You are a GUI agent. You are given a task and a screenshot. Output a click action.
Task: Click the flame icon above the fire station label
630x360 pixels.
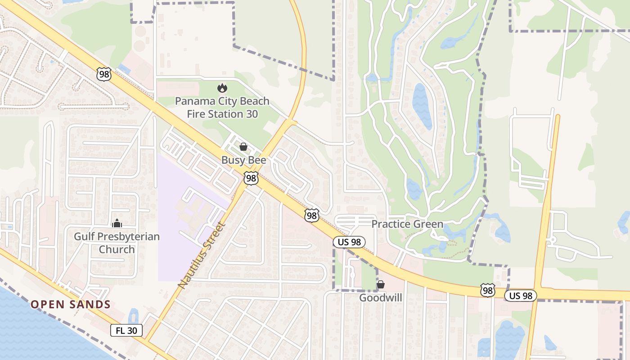click(x=222, y=88)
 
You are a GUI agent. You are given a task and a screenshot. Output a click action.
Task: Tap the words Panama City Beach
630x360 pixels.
click(x=222, y=101)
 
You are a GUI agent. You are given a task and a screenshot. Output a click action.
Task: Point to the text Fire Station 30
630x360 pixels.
click(x=222, y=114)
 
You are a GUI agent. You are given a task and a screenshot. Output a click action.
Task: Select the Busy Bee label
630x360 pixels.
click(x=243, y=160)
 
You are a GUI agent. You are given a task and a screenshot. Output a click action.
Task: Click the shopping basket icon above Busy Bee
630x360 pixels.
click(x=243, y=147)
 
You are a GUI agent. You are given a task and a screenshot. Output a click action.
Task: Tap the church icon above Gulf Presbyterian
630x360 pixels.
click(x=117, y=223)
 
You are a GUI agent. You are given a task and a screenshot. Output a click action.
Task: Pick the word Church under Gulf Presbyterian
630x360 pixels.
click(x=117, y=249)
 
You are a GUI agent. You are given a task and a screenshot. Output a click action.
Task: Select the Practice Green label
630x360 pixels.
click(x=407, y=224)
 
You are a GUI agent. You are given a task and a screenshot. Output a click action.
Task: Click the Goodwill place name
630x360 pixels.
click(x=380, y=298)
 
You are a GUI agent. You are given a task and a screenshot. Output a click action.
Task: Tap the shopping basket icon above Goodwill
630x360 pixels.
click(x=381, y=284)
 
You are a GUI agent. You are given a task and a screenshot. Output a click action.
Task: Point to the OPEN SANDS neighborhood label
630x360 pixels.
click(x=71, y=305)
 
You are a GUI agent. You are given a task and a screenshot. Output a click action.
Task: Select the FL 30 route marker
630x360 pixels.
click(x=126, y=331)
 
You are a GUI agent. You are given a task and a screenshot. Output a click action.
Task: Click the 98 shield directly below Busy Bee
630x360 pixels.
click(x=251, y=178)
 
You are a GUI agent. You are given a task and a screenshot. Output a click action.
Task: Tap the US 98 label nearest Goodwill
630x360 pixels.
click(x=349, y=242)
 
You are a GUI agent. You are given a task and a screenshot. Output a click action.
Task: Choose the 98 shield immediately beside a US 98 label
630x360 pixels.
click(x=487, y=290)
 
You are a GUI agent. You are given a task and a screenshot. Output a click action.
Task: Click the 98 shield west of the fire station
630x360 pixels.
click(x=104, y=74)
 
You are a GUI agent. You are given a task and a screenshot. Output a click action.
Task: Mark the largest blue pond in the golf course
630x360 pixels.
click(x=422, y=106)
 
